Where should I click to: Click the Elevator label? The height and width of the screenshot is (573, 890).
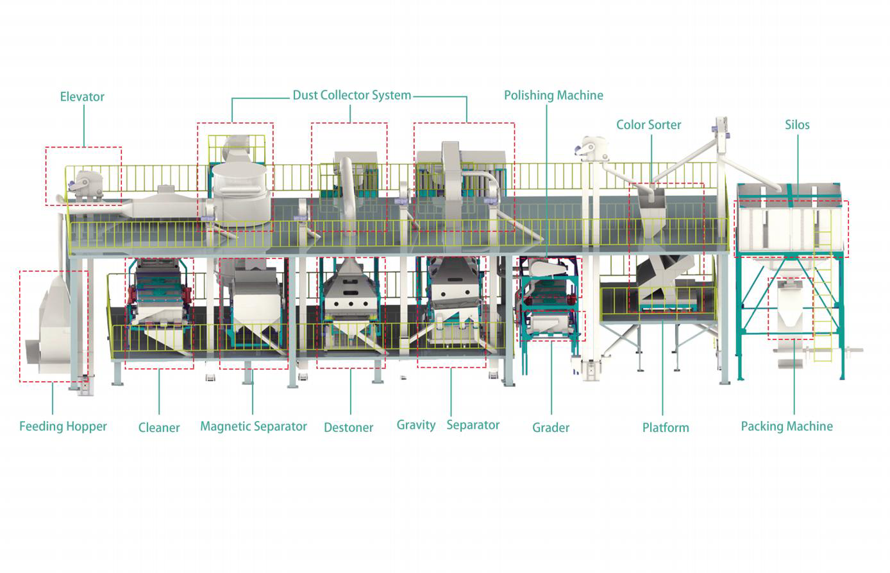point(82,97)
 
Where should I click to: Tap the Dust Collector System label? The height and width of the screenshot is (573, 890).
point(351,96)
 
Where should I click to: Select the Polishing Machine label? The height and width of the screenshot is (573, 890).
point(553,96)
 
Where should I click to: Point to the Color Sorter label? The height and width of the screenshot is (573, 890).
point(648,124)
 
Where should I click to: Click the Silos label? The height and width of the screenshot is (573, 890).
point(797,124)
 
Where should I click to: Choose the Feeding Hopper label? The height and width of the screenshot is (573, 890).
point(63,426)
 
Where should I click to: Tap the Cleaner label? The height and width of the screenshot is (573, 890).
point(159,427)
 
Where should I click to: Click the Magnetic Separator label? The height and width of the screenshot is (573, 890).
point(253,426)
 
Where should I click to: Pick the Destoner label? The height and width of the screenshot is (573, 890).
point(348,427)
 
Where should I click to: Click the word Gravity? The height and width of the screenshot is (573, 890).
point(416,425)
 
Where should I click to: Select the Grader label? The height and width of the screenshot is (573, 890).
point(551,427)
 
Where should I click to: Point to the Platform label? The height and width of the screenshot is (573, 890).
point(666,427)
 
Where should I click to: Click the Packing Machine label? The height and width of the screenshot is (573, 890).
point(787,426)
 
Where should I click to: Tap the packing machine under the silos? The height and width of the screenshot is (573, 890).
point(791,308)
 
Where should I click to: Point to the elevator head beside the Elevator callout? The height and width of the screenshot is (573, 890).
point(85,183)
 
